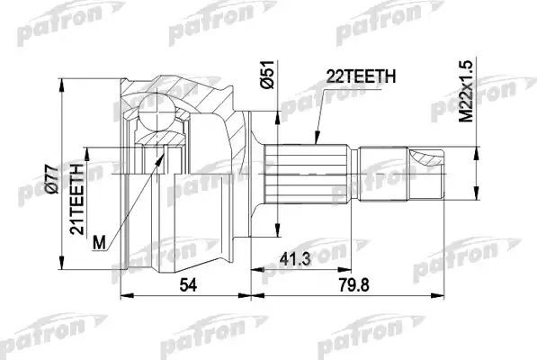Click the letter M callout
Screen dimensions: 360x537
102,241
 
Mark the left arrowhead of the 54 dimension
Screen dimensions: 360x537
123,293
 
